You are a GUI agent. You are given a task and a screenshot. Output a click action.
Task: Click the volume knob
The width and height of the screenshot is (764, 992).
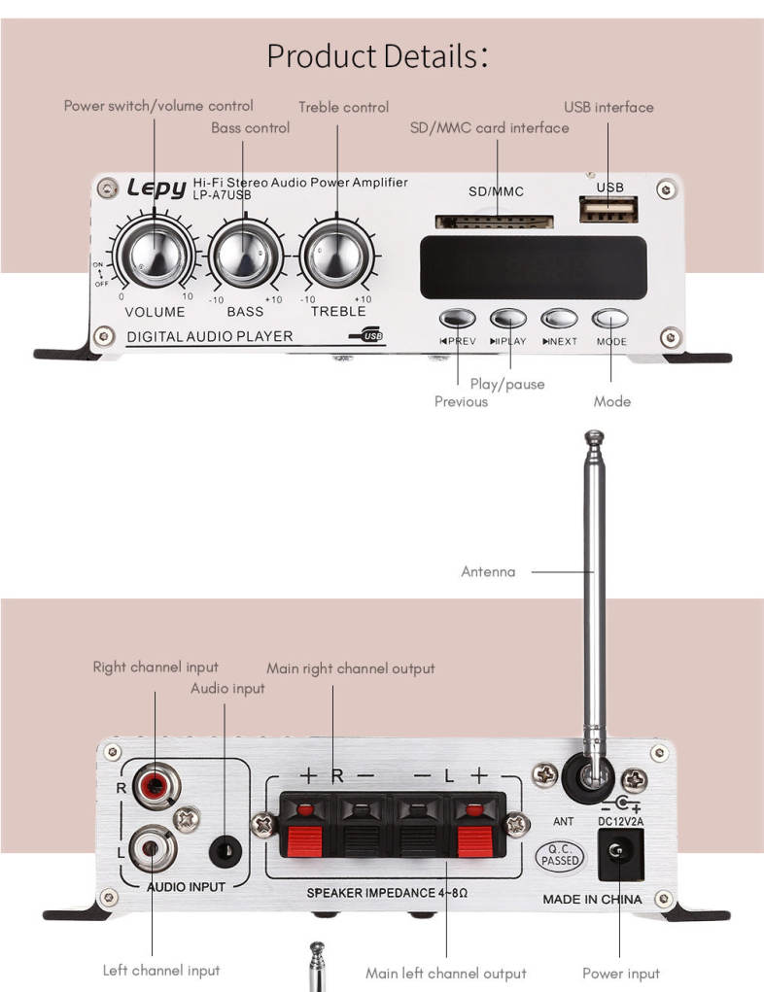[x=155, y=257]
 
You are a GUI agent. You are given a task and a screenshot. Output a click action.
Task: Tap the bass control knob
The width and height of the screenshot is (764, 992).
[x=245, y=257]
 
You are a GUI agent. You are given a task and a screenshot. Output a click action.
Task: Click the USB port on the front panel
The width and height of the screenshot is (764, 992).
[x=609, y=209]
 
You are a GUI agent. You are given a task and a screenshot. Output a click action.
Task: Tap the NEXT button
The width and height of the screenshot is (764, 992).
[x=560, y=318]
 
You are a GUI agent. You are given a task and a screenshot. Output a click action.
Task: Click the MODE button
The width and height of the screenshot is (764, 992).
[x=611, y=318]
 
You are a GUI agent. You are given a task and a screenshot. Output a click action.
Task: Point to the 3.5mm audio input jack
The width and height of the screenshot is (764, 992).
[x=225, y=850]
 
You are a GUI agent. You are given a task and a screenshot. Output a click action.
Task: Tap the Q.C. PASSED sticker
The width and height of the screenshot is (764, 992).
[x=561, y=856]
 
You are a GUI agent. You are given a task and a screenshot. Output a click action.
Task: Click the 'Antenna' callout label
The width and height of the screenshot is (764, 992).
[x=488, y=572]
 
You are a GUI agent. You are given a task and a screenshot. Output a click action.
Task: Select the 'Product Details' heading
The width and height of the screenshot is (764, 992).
[x=377, y=56]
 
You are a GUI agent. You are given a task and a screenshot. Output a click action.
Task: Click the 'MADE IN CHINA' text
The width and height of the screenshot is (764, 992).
[x=592, y=900]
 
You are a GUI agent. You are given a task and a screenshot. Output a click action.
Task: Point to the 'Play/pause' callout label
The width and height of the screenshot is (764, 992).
[x=507, y=384]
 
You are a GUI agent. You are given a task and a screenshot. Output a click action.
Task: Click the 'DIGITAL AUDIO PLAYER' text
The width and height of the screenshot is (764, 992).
[x=210, y=337]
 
